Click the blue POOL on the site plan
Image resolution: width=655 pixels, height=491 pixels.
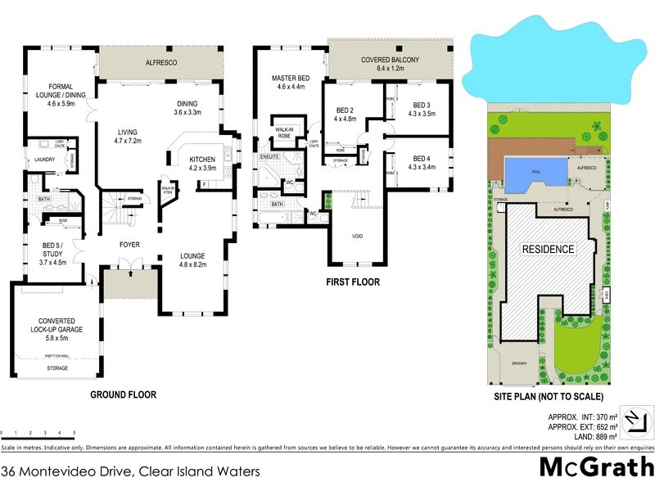pyautogui.click(x=536, y=173)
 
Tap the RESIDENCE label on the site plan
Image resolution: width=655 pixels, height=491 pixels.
pyautogui.click(x=548, y=249)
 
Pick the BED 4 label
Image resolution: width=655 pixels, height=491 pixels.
pyautogui.click(x=422, y=162)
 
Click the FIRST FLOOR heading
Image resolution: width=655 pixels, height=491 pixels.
pyautogui.click(x=353, y=282)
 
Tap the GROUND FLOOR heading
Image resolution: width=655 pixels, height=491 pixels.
pyautogui.click(x=123, y=394)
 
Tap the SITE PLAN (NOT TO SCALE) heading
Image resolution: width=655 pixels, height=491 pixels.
pyautogui.click(x=549, y=397)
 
